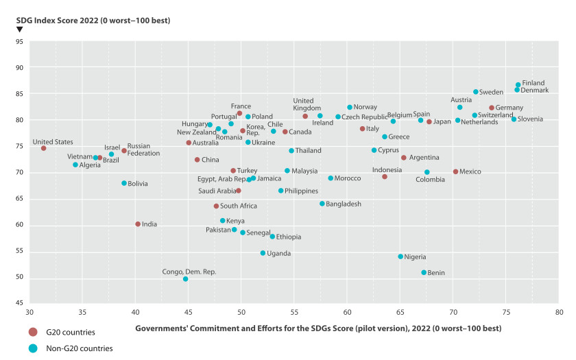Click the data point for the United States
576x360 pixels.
pyautogui.click(x=43, y=148)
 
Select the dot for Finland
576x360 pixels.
pyautogui.click(x=518, y=85)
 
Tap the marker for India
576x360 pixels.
pyautogui.click(x=138, y=224)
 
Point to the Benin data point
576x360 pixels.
pyautogui.click(x=424, y=272)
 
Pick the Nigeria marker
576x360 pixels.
pyautogui.click(x=400, y=256)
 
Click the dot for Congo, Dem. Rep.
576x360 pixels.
pyautogui.click(x=185, y=279)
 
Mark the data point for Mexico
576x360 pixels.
pyautogui.click(x=455, y=171)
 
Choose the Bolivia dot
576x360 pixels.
pyautogui.click(x=124, y=183)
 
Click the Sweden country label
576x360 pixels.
pyautogui.click(x=491, y=92)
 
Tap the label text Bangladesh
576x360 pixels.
pyautogui.click(x=344, y=204)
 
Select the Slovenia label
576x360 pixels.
pyautogui.click(x=531, y=119)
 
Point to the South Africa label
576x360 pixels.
pyautogui.click(x=239, y=206)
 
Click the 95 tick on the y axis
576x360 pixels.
pyautogui.click(x=19, y=42)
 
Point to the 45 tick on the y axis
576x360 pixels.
pyautogui.click(x=19, y=303)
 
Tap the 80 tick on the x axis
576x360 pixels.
pyautogui.click(x=559, y=313)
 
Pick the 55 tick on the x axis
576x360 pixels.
pyautogui.click(x=294, y=313)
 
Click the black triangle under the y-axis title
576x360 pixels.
pyautogui.click(x=19, y=29)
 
